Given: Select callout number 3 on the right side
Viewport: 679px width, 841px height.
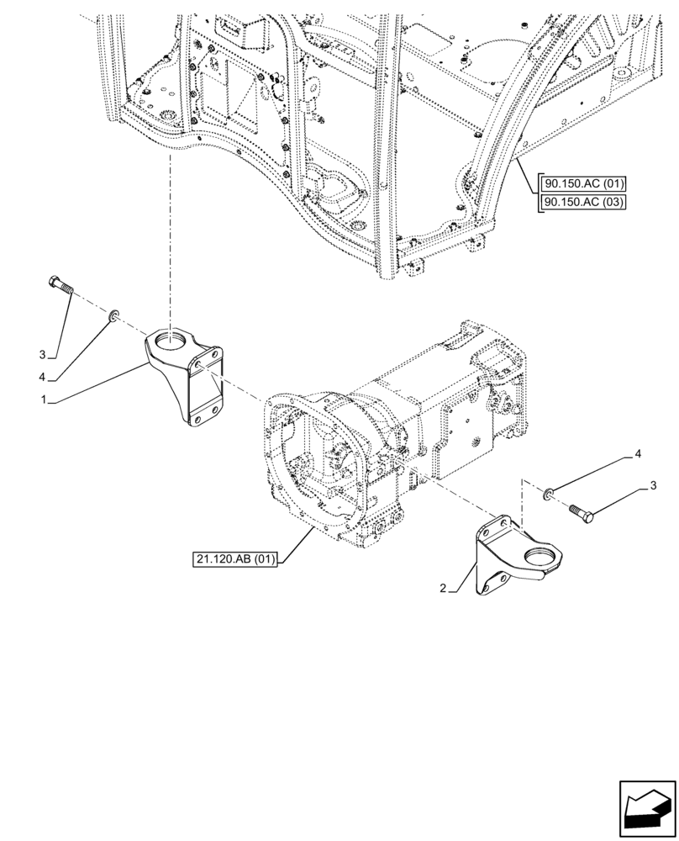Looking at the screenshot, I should pyautogui.click(x=652, y=486).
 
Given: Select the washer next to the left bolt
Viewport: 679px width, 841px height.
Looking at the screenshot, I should pyautogui.click(x=113, y=315).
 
